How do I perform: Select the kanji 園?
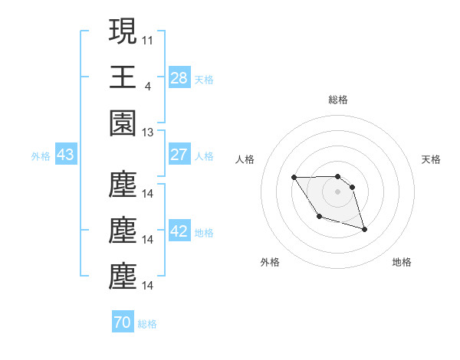pos(123,122)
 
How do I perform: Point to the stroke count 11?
pos(148,39)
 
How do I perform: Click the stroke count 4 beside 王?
pos(147,86)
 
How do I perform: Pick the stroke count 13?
pos(148,133)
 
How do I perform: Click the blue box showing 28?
pos(179,78)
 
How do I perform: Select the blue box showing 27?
pos(179,155)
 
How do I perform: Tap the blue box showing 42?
pos(179,232)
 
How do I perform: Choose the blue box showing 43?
pos(65,155)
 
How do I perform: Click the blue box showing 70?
pos(122,323)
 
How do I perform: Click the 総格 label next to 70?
pos(147,324)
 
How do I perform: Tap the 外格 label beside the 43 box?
pos(41,156)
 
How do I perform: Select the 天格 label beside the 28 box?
pos(204,79)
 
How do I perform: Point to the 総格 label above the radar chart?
pos(337,100)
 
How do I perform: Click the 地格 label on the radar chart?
pos(402,262)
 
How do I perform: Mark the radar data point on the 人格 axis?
pos(294,178)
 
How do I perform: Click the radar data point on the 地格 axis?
pos(364,229)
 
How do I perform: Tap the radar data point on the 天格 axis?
pos(353,186)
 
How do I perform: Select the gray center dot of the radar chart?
pos(337,191)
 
